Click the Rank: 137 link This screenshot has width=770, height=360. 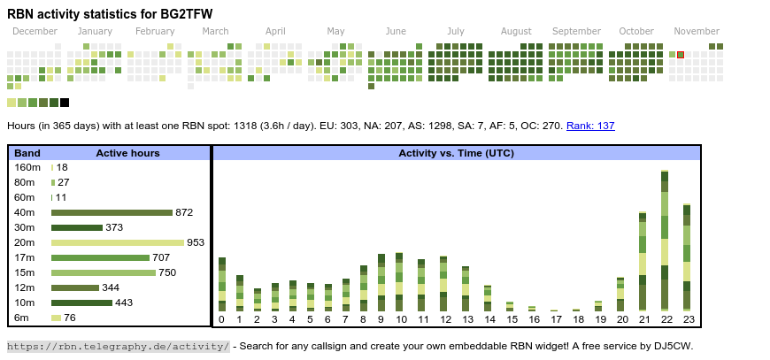pyautogui.click(x=590, y=126)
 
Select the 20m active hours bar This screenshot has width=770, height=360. pyautogui.click(x=118, y=242)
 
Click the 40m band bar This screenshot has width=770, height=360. pyautogui.click(x=112, y=212)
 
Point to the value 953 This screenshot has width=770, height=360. pyautogui.click(x=196, y=242)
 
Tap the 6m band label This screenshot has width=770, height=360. pyautogui.click(x=22, y=318)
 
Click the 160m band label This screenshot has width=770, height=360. pyautogui.click(x=27, y=167)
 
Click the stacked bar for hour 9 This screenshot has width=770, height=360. pyautogui.click(x=381, y=283)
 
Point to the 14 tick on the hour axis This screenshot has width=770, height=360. pyautogui.click(x=489, y=319)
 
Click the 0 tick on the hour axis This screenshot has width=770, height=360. pyautogui.click(x=221, y=319)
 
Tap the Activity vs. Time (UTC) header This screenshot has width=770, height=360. pyautogui.click(x=456, y=153)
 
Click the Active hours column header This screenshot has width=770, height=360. pyautogui.click(x=127, y=153)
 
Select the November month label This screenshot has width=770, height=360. pyautogui.click(x=697, y=31)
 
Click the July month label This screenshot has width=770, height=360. pyautogui.click(x=456, y=31)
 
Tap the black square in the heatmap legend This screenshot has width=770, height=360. pyautogui.click(x=65, y=103)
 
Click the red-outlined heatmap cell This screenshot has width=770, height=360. pyautogui.click(x=681, y=55)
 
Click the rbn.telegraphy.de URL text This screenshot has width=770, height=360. pyautogui.click(x=119, y=346)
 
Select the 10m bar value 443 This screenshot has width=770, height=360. pyautogui.click(x=124, y=303)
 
